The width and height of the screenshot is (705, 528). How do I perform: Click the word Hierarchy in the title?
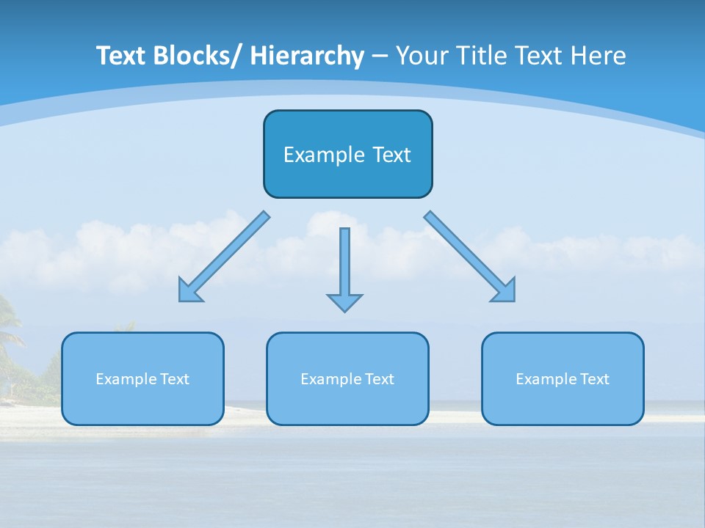pos(307,56)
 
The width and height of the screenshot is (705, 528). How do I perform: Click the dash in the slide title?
pos(379,56)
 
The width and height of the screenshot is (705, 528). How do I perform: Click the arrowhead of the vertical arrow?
pos(344,301)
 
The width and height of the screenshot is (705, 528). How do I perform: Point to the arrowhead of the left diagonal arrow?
pos(189,293)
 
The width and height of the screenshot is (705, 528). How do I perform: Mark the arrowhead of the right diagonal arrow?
pos(506,291)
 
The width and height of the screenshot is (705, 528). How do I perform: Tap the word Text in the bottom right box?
pos(593,379)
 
